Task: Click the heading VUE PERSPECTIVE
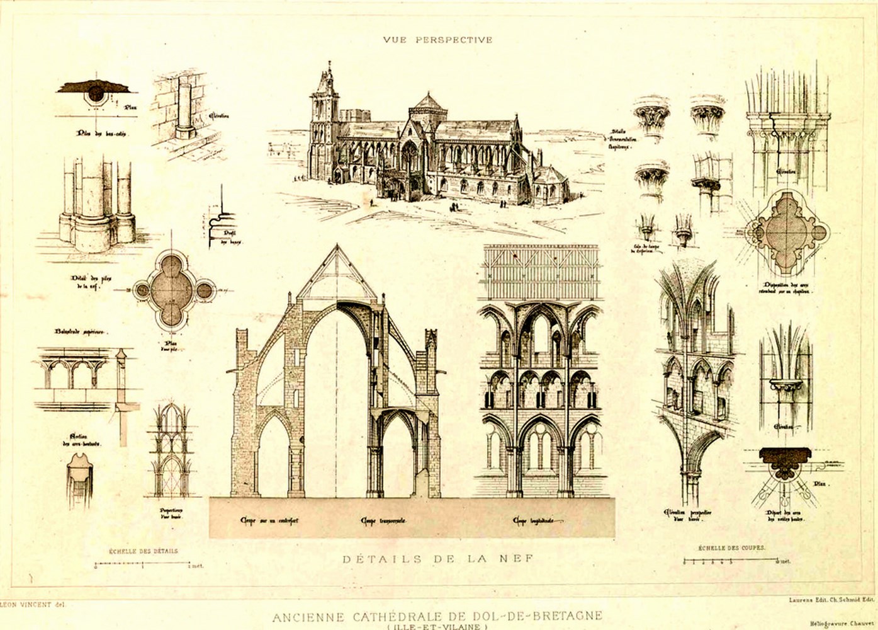click(x=437, y=40)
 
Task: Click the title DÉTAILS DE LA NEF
click(x=438, y=558)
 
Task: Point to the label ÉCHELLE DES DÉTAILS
click(x=144, y=551)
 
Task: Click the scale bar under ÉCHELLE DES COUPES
click(x=734, y=560)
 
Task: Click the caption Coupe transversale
click(x=383, y=522)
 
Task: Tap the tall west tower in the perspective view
click(x=325, y=120)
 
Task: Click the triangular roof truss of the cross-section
click(x=338, y=277)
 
